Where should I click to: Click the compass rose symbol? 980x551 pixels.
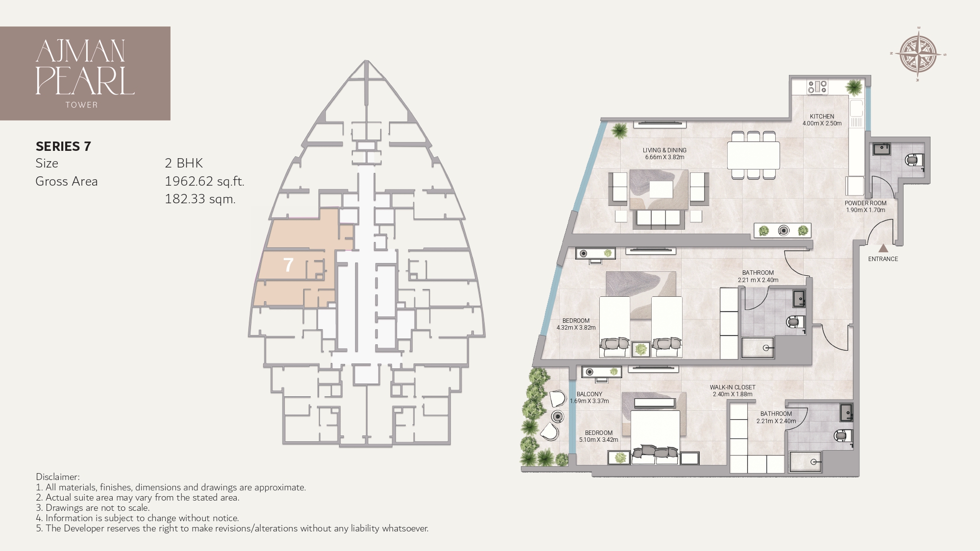point(918,54)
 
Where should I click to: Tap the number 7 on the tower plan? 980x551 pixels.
point(288,265)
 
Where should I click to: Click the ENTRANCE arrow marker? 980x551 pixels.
point(883,248)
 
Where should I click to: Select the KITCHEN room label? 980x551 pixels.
point(822,117)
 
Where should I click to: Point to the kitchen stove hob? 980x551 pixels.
point(817,87)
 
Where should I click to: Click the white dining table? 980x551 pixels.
point(753,155)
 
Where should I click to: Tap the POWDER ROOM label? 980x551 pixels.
point(865,203)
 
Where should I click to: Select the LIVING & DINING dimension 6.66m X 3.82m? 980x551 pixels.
point(664,158)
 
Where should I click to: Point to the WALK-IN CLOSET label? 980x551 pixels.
point(732,387)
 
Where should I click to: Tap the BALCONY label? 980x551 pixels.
point(589,394)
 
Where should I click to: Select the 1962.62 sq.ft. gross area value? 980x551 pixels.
point(204,181)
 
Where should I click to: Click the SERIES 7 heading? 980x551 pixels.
point(63,146)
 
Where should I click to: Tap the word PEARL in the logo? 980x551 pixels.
point(85,81)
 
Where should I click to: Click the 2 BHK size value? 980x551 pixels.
point(184,163)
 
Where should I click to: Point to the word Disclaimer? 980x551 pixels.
point(57,477)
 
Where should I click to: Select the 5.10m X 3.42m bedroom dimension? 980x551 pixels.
point(598,440)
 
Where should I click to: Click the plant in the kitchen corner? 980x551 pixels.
point(854,88)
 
